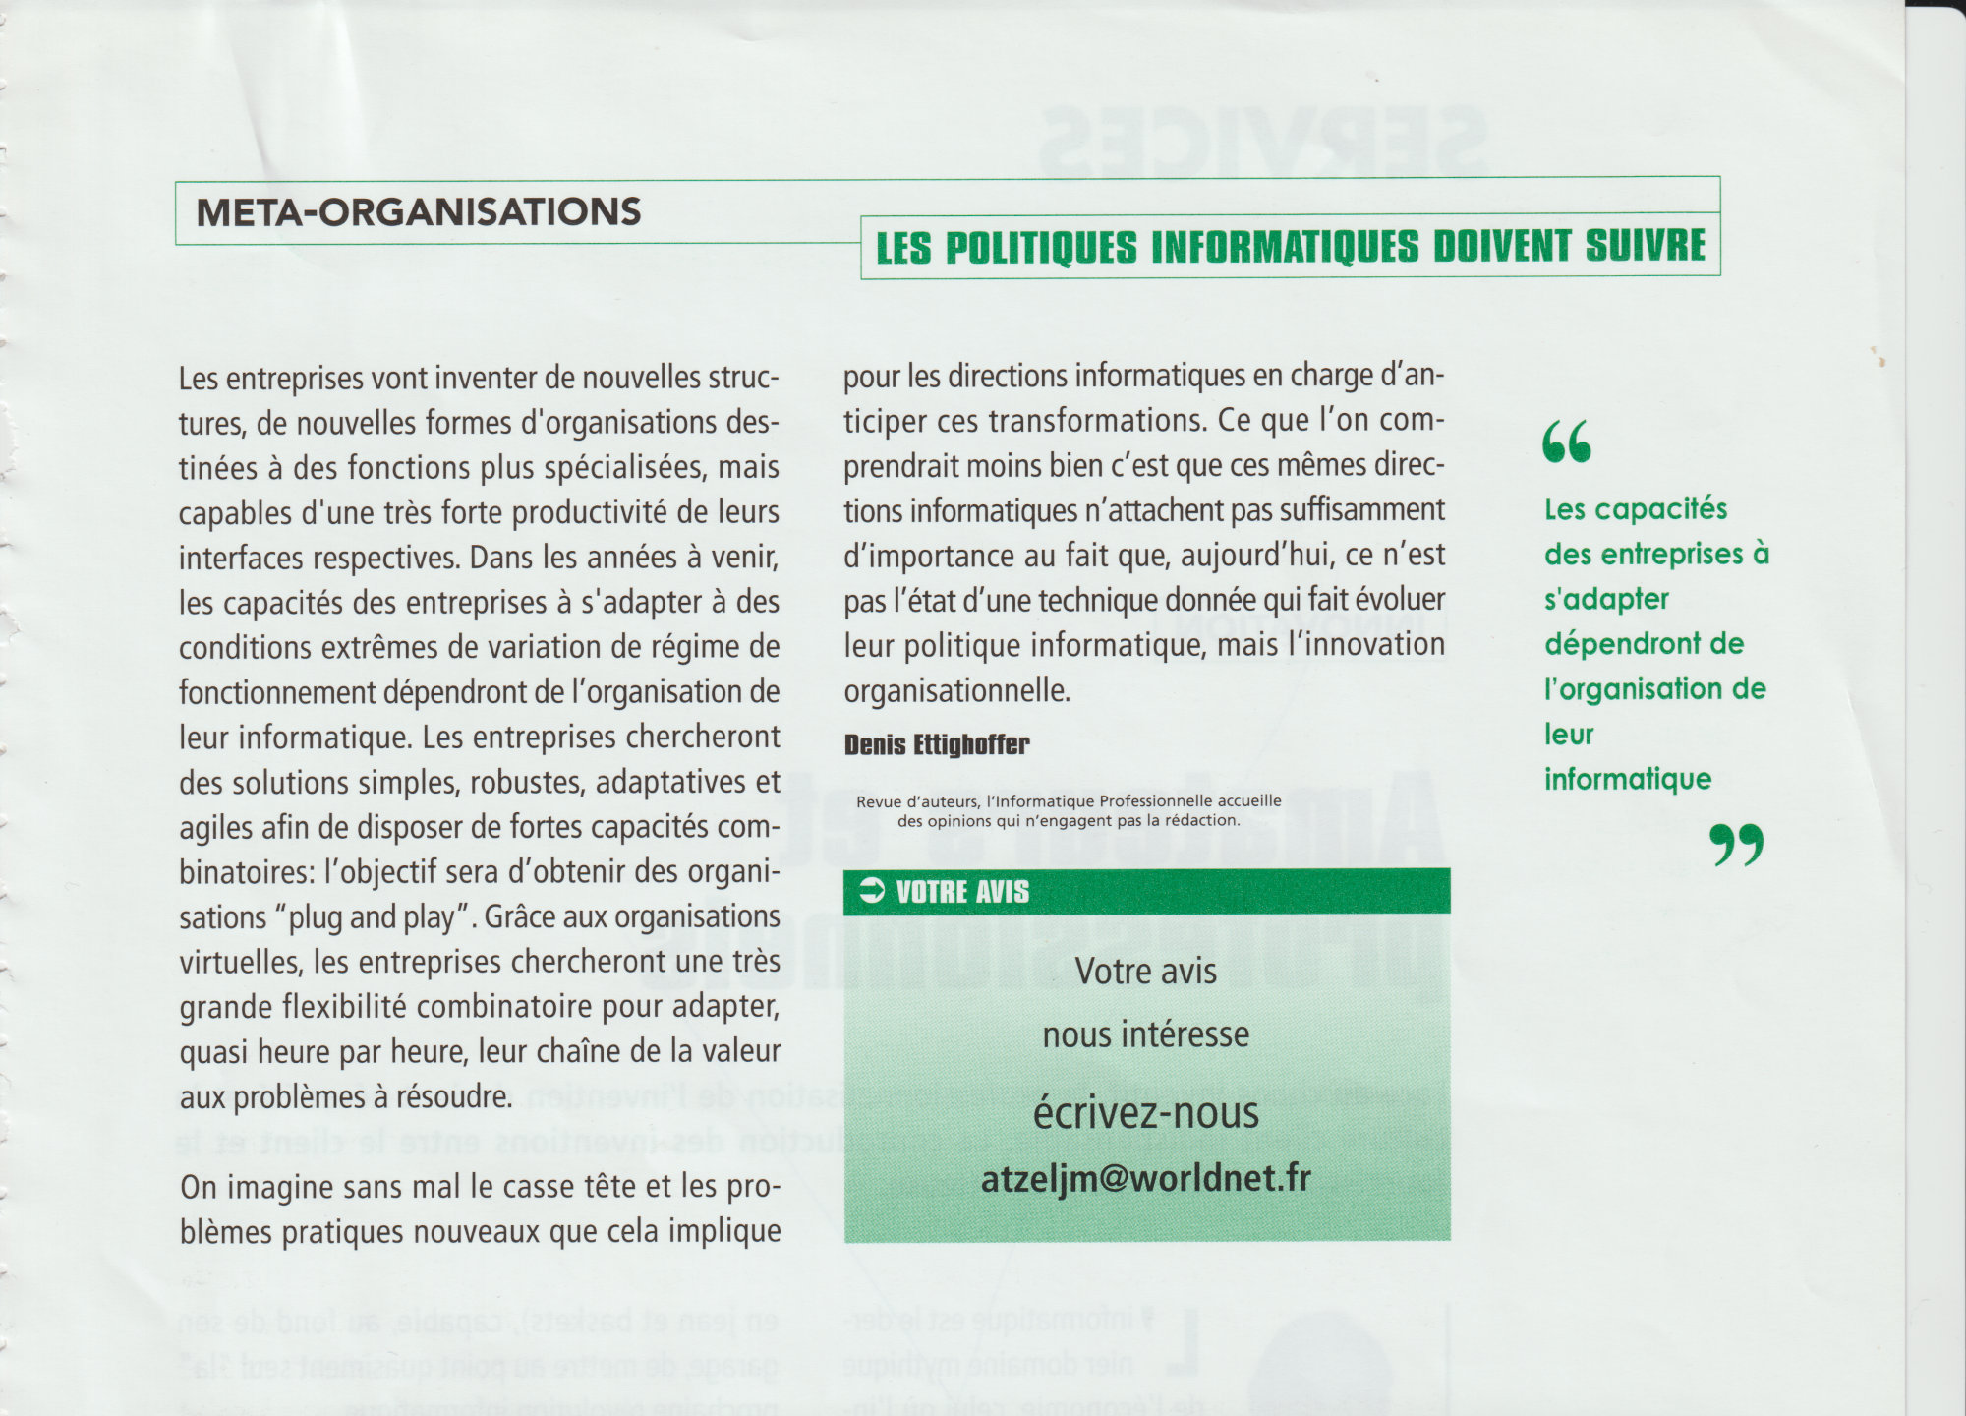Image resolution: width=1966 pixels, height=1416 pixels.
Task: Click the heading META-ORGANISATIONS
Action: (419, 212)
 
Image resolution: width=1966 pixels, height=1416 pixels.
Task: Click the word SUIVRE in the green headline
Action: (1646, 247)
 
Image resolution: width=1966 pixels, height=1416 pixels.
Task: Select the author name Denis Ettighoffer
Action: (936, 744)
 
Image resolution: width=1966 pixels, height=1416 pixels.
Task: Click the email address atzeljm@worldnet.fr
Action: (1145, 1178)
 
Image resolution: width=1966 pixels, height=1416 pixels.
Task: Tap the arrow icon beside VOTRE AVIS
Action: (872, 891)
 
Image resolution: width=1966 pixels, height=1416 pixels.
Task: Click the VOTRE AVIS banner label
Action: (962, 892)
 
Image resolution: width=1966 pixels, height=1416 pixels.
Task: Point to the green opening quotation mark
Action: (1566, 442)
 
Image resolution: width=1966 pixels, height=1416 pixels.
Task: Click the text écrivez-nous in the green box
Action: (1145, 1113)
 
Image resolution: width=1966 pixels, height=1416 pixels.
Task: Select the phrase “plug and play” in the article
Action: (372, 917)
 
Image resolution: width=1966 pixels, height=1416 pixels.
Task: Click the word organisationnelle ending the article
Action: (956, 690)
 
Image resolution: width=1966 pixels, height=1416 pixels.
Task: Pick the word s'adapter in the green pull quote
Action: (1606, 599)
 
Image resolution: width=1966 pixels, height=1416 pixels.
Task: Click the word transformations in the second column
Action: (1096, 421)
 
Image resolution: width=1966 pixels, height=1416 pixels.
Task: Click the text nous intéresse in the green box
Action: (1145, 1034)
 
